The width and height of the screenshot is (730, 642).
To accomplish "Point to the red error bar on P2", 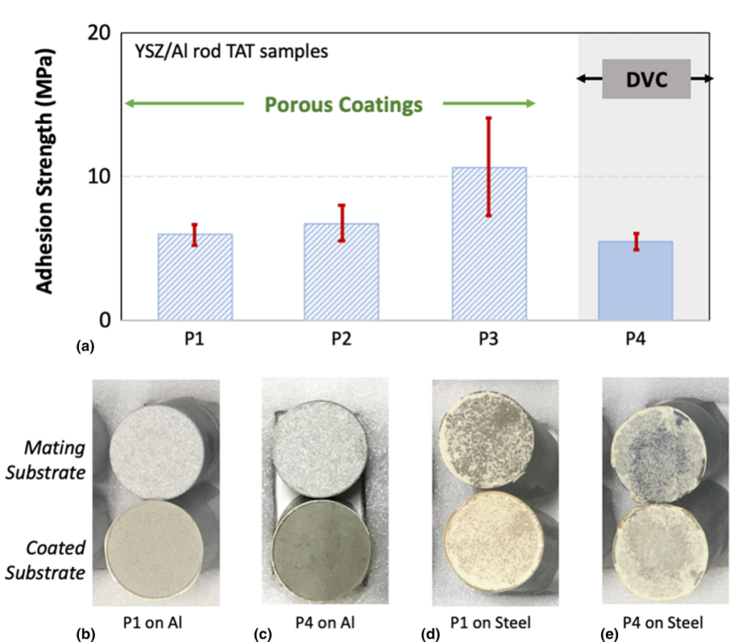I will click(x=341, y=223).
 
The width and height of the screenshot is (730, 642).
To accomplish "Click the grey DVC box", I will click(x=645, y=78).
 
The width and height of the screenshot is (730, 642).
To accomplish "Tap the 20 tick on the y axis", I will click(x=103, y=34).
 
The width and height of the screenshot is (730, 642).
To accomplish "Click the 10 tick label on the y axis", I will click(x=103, y=176).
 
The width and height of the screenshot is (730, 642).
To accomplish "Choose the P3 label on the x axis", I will click(x=489, y=337).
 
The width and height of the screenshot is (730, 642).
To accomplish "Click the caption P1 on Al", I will click(x=160, y=622).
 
